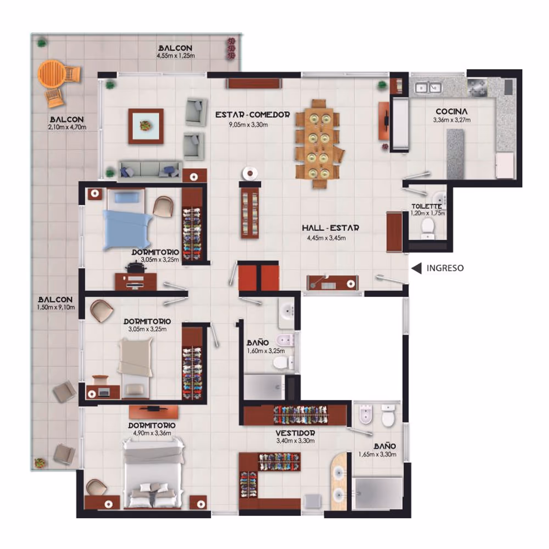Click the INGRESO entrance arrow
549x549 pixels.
click(416, 268)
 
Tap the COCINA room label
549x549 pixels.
click(452, 112)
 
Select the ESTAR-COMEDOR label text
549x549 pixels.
click(253, 115)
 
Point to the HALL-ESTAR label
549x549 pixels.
click(330, 228)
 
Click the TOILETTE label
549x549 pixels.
click(427, 206)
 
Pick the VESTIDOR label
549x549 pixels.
click(295, 433)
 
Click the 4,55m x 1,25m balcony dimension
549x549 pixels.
click(176, 56)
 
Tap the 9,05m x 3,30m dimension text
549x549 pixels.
click(248, 124)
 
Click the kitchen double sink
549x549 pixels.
click(428, 88)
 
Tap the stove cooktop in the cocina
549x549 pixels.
click(477, 87)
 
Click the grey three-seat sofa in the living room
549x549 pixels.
click(150, 171)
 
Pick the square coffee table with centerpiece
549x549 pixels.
click(146, 126)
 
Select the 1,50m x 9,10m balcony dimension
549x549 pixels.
click(56, 307)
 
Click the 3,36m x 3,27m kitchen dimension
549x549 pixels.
click(452, 120)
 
